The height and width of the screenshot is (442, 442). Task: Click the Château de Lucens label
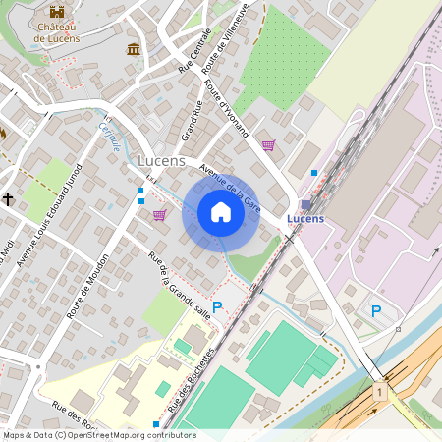(56, 32)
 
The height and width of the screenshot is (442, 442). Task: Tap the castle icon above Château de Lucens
(57, 12)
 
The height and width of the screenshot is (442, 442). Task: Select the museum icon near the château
(133, 49)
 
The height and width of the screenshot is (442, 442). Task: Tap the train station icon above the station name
(305, 204)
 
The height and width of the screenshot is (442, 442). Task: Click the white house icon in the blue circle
(221, 212)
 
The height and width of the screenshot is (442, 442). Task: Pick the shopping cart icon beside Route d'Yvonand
(268, 145)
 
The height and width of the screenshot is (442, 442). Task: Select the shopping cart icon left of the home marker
(159, 215)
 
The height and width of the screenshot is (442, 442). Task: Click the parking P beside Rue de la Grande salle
(217, 307)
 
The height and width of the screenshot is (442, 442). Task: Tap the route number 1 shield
(378, 392)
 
